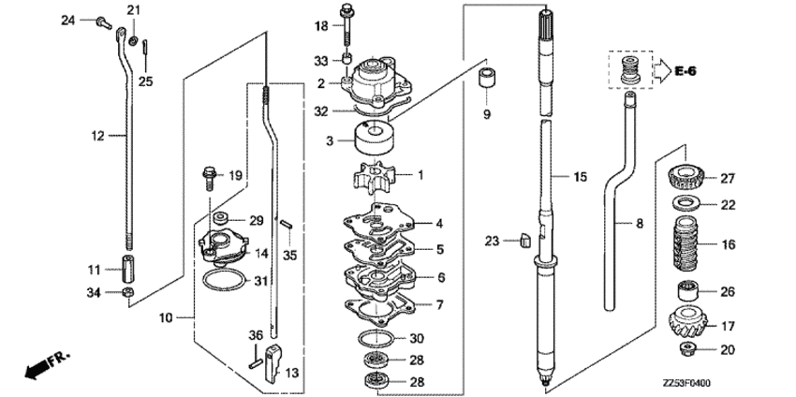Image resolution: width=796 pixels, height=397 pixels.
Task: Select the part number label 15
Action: [581, 177]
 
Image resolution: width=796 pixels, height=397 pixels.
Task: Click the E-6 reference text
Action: [685, 71]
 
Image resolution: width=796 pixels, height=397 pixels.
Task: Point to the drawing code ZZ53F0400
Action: [686, 383]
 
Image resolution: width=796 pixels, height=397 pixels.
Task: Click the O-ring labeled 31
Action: [224, 280]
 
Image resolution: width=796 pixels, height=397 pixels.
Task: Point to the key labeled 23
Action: [525, 240]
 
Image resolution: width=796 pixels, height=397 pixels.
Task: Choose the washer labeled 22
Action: [686, 203]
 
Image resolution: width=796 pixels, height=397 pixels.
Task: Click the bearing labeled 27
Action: [685, 177]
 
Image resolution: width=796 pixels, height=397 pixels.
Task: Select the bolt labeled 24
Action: [104, 22]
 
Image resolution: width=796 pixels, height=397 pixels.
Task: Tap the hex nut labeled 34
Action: [128, 293]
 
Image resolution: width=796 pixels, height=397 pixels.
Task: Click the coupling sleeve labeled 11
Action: [128, 269]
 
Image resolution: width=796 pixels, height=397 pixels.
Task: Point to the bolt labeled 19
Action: [209, 178]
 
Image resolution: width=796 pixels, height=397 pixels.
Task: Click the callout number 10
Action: [166, 318]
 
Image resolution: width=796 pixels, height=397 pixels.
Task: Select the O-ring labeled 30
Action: [376, 338]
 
